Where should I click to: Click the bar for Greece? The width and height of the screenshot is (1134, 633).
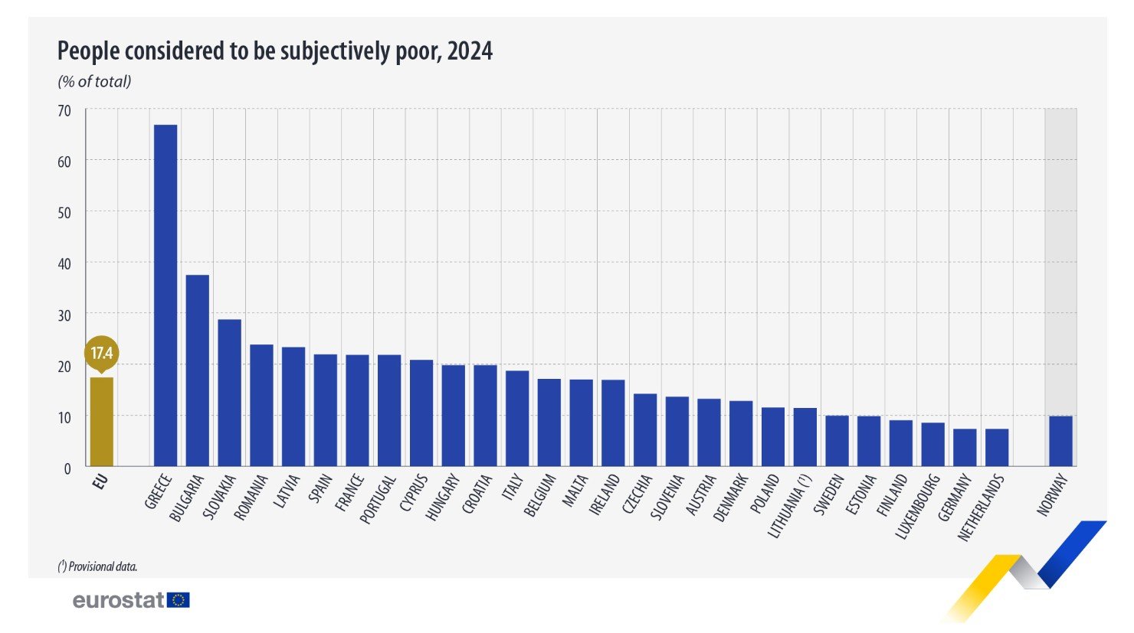[x=166, y=295]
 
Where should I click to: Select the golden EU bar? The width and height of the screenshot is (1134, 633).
[x=102, y=421]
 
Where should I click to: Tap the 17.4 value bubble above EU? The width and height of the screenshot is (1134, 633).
[x=102, y=353]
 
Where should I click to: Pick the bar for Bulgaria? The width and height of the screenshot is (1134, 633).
[x=198, y=370]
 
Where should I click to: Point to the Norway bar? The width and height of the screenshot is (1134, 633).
[x=1060, y=441]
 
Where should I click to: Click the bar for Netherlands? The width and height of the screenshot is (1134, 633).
[x=997, y=447]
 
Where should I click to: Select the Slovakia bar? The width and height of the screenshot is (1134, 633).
[x=229, y=392]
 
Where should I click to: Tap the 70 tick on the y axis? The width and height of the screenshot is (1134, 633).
[x=64, y=111]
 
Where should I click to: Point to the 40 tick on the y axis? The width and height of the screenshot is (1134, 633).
[x=64, y=264]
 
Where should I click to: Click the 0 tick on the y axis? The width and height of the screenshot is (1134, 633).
[x=67, y=468]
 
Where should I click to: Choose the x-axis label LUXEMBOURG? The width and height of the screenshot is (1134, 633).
[x=919, y=506]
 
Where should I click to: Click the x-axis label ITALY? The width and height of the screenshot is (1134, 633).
[x=513, y=488]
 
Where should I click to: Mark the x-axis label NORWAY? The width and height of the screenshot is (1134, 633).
[x=1054, y=494]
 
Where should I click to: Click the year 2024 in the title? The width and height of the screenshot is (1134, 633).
[x=470, y=51]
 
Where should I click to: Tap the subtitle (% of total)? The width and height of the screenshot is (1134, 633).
[x=94, y=81]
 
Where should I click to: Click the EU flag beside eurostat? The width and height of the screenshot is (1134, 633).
[x=179, y=600]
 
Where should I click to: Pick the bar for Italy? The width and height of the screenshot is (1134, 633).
[x=517, y=418]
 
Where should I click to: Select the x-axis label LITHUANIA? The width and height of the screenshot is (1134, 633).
[x=789, y=505]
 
